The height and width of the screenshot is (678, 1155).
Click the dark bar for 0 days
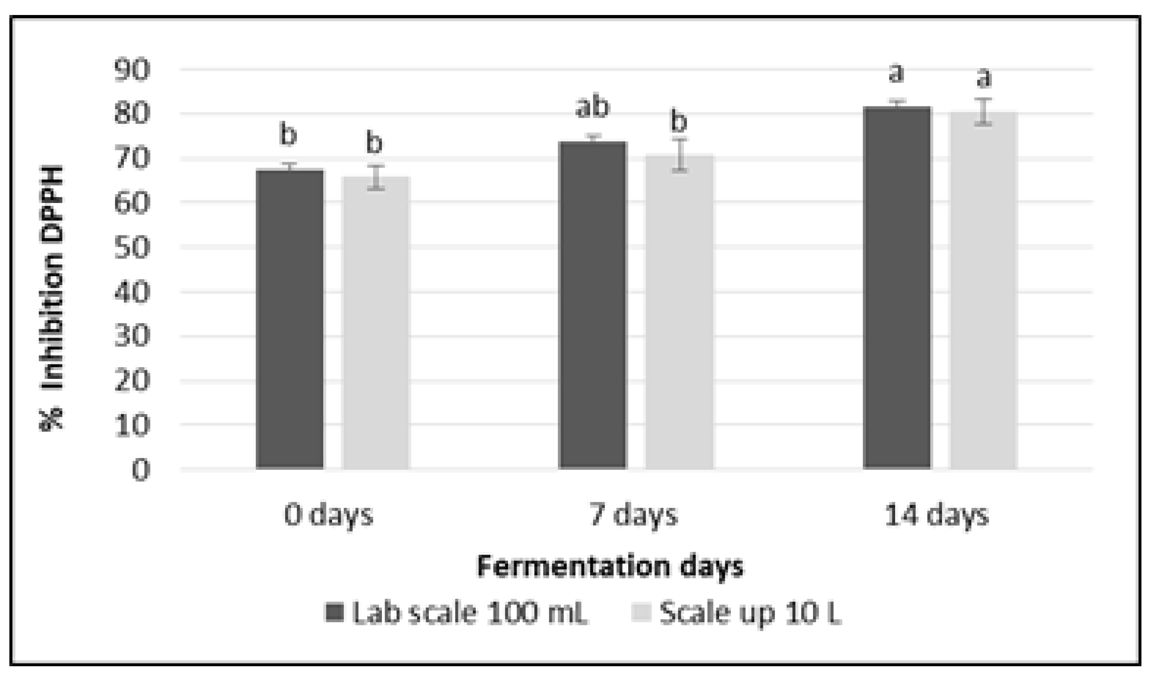(290, 319)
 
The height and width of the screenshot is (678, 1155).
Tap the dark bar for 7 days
(593, 305)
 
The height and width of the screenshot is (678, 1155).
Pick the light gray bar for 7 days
(679, 311)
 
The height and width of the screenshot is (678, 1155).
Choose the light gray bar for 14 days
(983, 290)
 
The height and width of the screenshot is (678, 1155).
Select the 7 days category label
(633, 515)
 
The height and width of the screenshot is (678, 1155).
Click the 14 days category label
(937, 515)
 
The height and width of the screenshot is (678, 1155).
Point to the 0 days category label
(328, 515)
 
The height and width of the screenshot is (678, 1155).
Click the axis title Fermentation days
(610, 566)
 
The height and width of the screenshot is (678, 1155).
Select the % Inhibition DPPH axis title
(52, 298)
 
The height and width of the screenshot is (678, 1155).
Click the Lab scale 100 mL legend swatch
(334, 612)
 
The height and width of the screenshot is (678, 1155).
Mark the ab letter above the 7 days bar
(593, 106)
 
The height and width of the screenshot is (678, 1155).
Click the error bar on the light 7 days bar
(679, 155)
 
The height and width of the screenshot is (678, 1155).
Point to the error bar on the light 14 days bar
(983, 112)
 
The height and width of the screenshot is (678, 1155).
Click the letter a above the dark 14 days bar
(897, 74)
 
